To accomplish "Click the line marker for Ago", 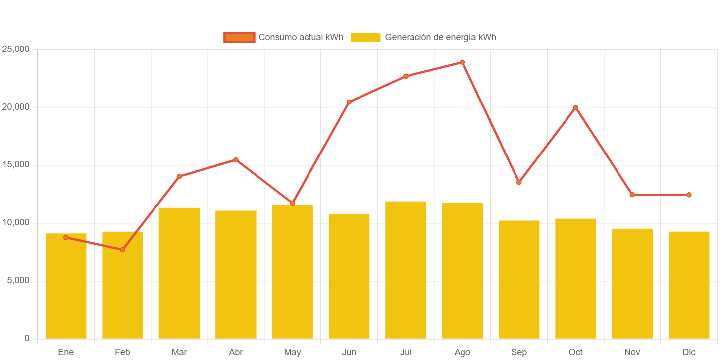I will tap(463, 62).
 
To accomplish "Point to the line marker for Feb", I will tap(122, 250).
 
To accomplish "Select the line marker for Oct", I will tap(575, 107).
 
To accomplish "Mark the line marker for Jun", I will tap(349, 102).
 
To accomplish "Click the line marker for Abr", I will tap(236, 159).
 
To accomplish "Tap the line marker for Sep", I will tap(519, 183).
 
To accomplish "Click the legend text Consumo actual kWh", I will tap(301, 37).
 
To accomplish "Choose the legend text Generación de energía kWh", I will tap(440, 37).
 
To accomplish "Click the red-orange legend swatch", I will tap(239, 37).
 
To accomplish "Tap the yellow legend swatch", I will tap(365, 37).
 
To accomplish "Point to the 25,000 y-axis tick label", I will tap(16, 49).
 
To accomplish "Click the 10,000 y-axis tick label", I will tap(16, 222).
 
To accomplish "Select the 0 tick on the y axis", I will tap(27, 338).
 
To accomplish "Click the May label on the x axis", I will tap(292, 352).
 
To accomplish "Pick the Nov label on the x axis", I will tap(632, 352).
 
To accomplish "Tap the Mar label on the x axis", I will tap(179, 352).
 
